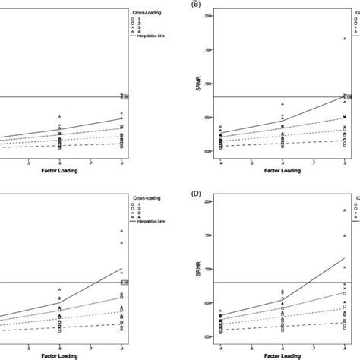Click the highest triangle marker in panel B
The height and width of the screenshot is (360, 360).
(x=344, y=39)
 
